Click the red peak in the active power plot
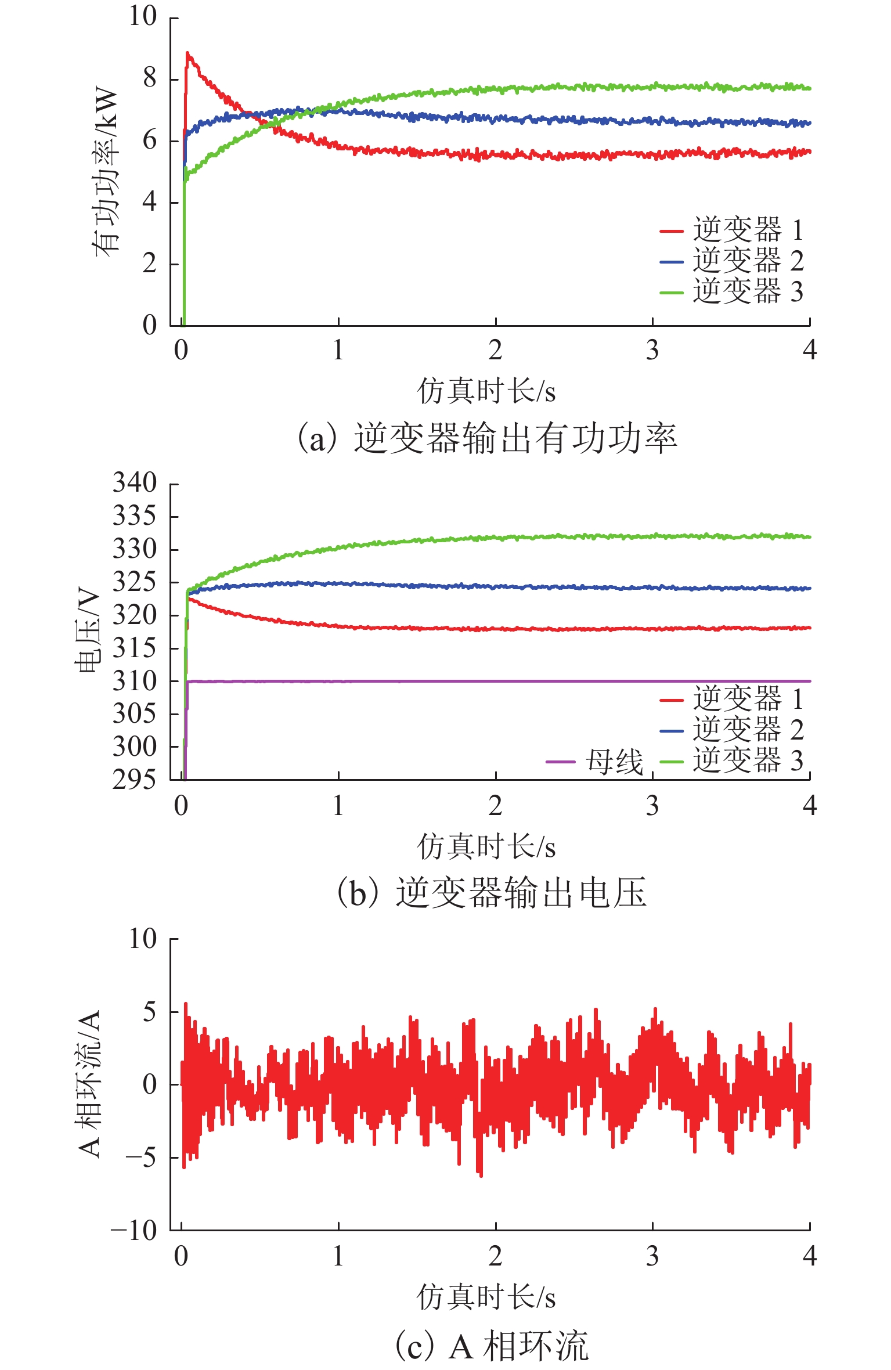187,53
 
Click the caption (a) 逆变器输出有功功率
486,438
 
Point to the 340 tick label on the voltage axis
135,483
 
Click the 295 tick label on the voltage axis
135,780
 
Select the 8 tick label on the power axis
150,78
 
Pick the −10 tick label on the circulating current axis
134,1230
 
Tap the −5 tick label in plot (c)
142,1157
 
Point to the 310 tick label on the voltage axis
135,680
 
